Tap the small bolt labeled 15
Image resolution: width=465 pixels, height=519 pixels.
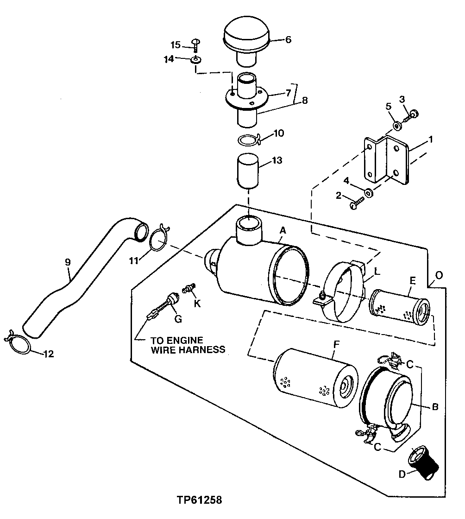[x=195, y=44]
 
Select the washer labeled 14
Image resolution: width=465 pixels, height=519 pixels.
[x=196, y=60]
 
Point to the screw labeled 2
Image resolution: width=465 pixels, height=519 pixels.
[x=357, y=203]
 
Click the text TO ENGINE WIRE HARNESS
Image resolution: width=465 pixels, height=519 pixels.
[x=188, y=345]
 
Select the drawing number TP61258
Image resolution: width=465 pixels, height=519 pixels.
[x=199, y=500]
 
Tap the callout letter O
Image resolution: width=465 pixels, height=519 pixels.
[x=439, y=275]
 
